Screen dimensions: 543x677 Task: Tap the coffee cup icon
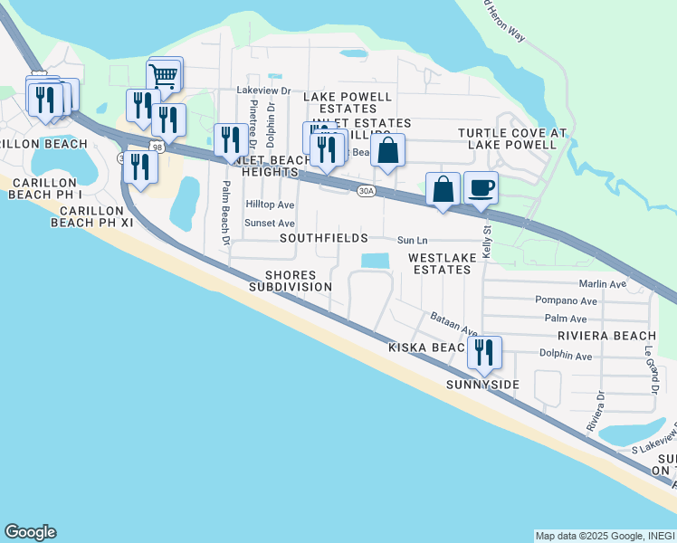[481, 187]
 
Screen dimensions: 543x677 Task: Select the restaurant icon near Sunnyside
[484, 352]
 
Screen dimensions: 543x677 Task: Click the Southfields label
[323, 238]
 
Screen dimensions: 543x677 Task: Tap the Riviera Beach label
[600, 335]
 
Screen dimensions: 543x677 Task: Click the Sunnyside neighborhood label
[482, 385]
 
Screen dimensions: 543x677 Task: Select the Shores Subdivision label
[291, 281]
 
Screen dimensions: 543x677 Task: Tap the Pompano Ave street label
[566, 300]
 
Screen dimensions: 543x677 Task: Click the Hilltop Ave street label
[271, 205]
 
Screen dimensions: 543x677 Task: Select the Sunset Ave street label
[271, 223]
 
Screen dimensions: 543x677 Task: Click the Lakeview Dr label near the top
[262, 90]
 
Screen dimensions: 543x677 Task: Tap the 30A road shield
[366, 191]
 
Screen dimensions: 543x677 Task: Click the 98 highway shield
[157, 147]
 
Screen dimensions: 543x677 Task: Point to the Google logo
[30, 532]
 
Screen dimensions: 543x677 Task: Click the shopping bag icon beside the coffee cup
[443, 190]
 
